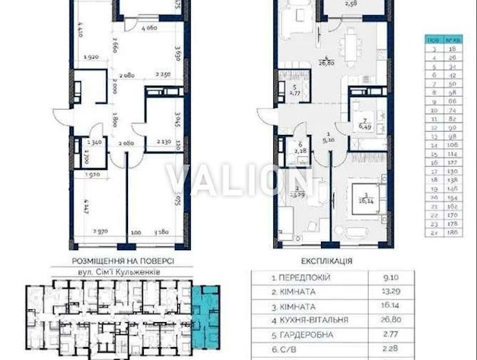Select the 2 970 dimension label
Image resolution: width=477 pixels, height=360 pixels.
tap(102, 230)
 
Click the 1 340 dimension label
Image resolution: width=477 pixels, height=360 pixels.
tap(93, 142)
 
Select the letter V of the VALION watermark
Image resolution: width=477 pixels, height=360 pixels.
tap(178, 180)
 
